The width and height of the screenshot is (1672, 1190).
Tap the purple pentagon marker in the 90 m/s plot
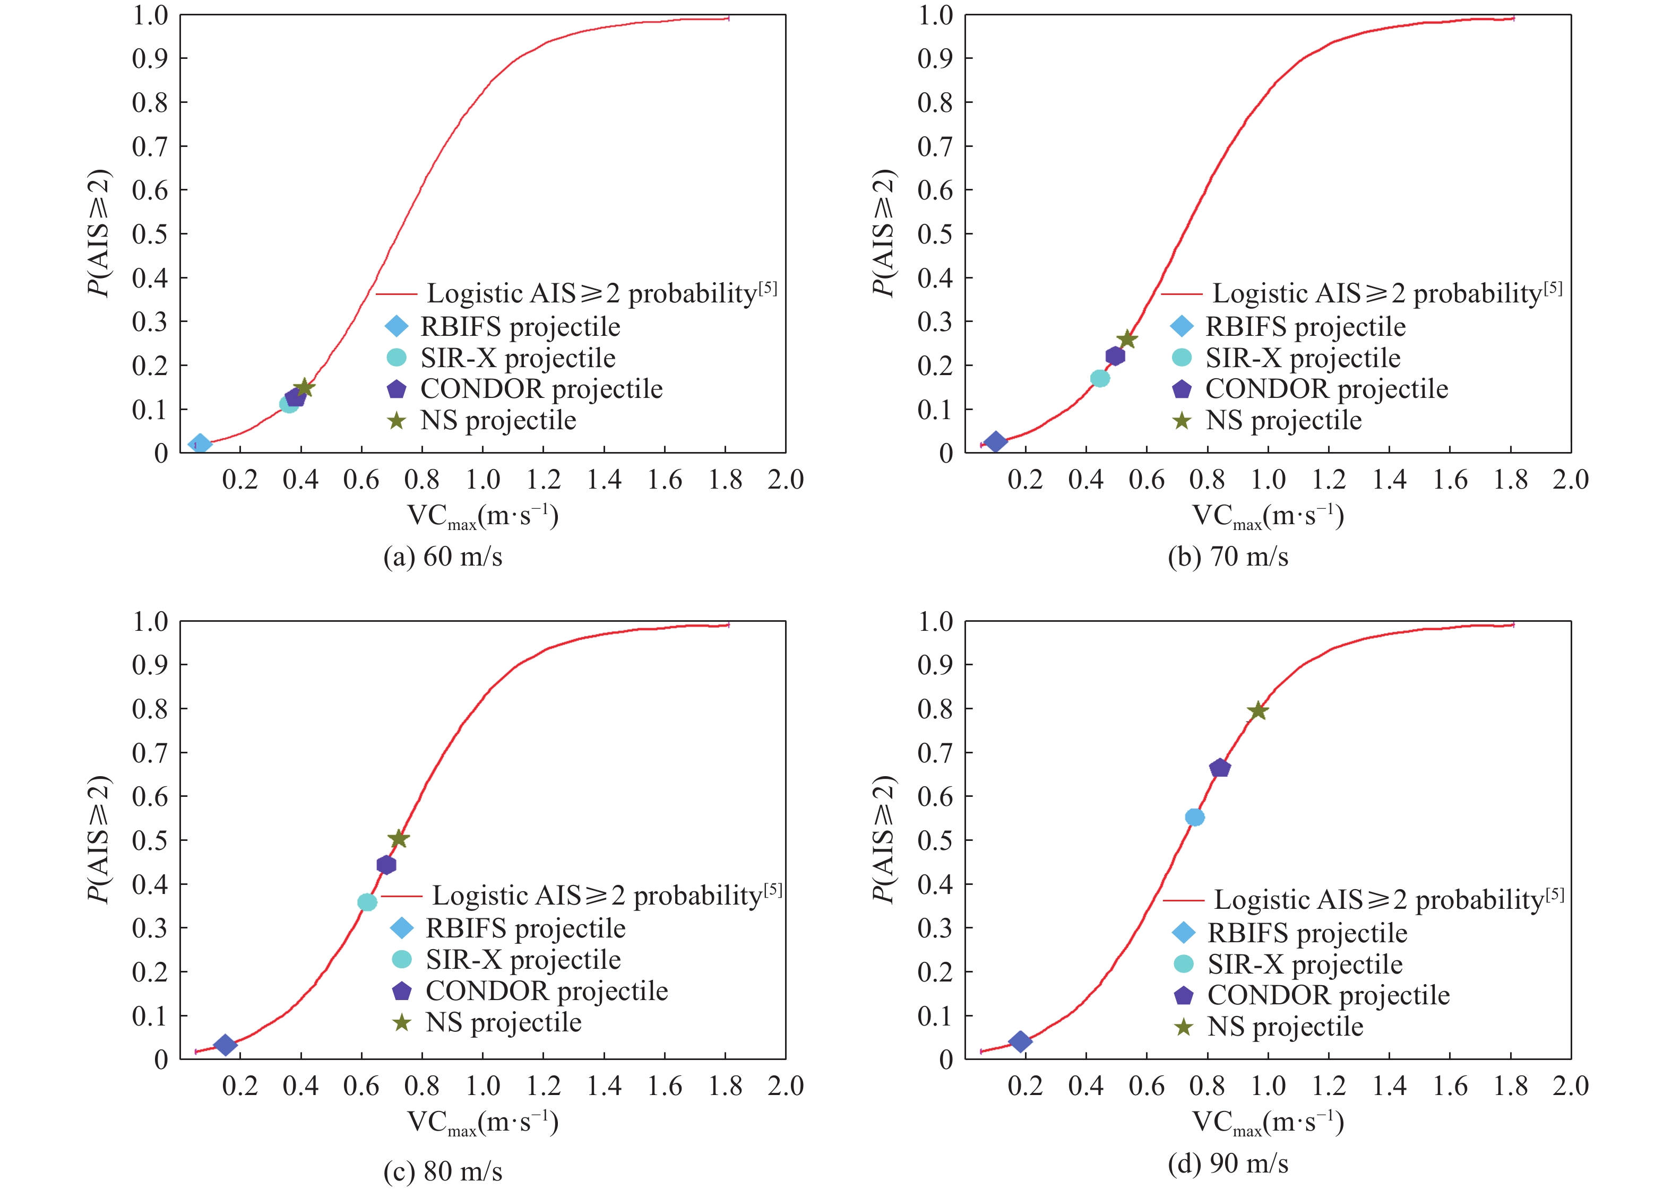tap(1220, 768)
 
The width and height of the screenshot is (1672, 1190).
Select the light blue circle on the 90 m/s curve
tap(1195, 817)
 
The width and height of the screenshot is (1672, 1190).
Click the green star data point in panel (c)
tap(398, 838)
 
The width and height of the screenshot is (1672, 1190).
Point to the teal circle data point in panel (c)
tap(367, 902)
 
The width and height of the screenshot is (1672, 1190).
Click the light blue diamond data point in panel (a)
tap(200, 444)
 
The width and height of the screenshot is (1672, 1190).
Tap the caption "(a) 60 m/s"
tap(443, 557)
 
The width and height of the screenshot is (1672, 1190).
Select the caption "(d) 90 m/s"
tap(1228, 1163)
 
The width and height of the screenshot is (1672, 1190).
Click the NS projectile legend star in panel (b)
tap(1182, 421)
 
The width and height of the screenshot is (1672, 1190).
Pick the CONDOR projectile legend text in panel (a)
tap(541, 389)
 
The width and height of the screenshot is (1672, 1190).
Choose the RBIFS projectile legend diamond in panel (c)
tap(402, 928)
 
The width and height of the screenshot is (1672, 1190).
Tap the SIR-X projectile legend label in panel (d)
tap(1305, 965)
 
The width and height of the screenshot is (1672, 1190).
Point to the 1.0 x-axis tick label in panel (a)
tap(482, 480)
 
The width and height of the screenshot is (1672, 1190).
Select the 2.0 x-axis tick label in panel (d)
tap(1570, 1086)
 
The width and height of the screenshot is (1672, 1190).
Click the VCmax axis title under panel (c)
tap(482, 1123)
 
